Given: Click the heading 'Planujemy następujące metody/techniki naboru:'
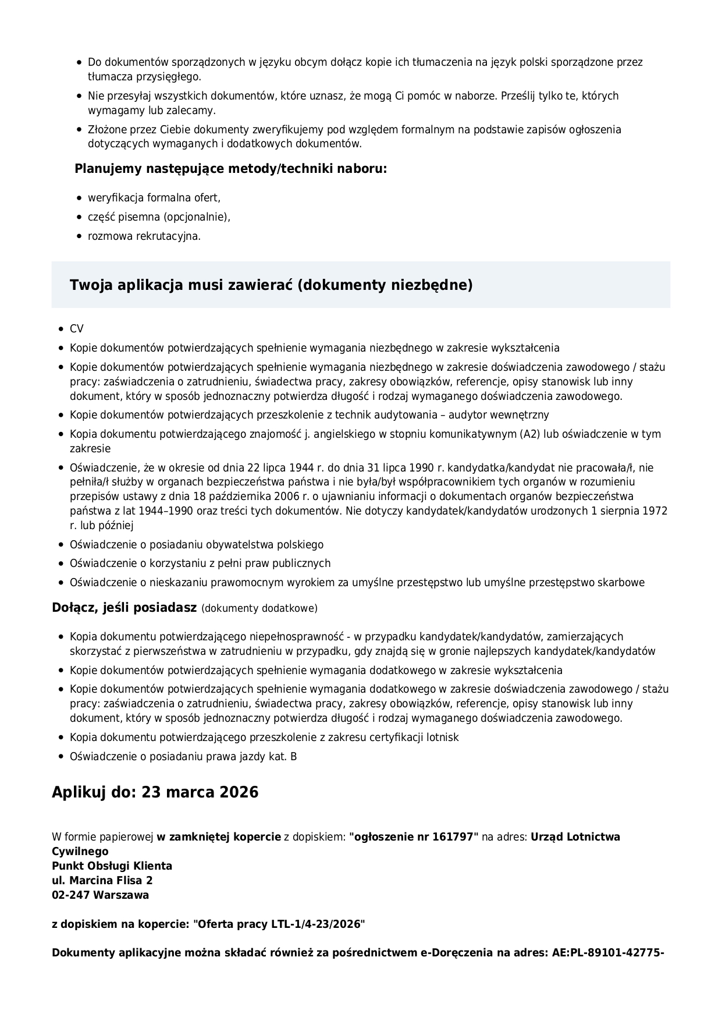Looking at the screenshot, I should pos(230,169).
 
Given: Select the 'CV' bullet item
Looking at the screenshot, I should pos(77,329).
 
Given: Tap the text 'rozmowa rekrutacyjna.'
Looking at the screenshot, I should pos(144,236).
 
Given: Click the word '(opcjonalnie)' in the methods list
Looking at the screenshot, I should pos(197,217).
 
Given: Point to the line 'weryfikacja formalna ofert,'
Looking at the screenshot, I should pos(154,198).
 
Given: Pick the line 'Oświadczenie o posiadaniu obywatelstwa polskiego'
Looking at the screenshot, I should pos(197,545).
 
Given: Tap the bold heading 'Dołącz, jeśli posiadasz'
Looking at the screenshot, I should pos(125,608).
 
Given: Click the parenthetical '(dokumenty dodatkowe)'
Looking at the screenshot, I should pos(259,609).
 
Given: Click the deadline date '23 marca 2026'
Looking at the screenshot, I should pos(200,793).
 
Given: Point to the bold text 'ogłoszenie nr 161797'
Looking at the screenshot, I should pos(414,837).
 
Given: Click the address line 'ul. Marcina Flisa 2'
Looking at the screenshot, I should pos(102,881).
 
